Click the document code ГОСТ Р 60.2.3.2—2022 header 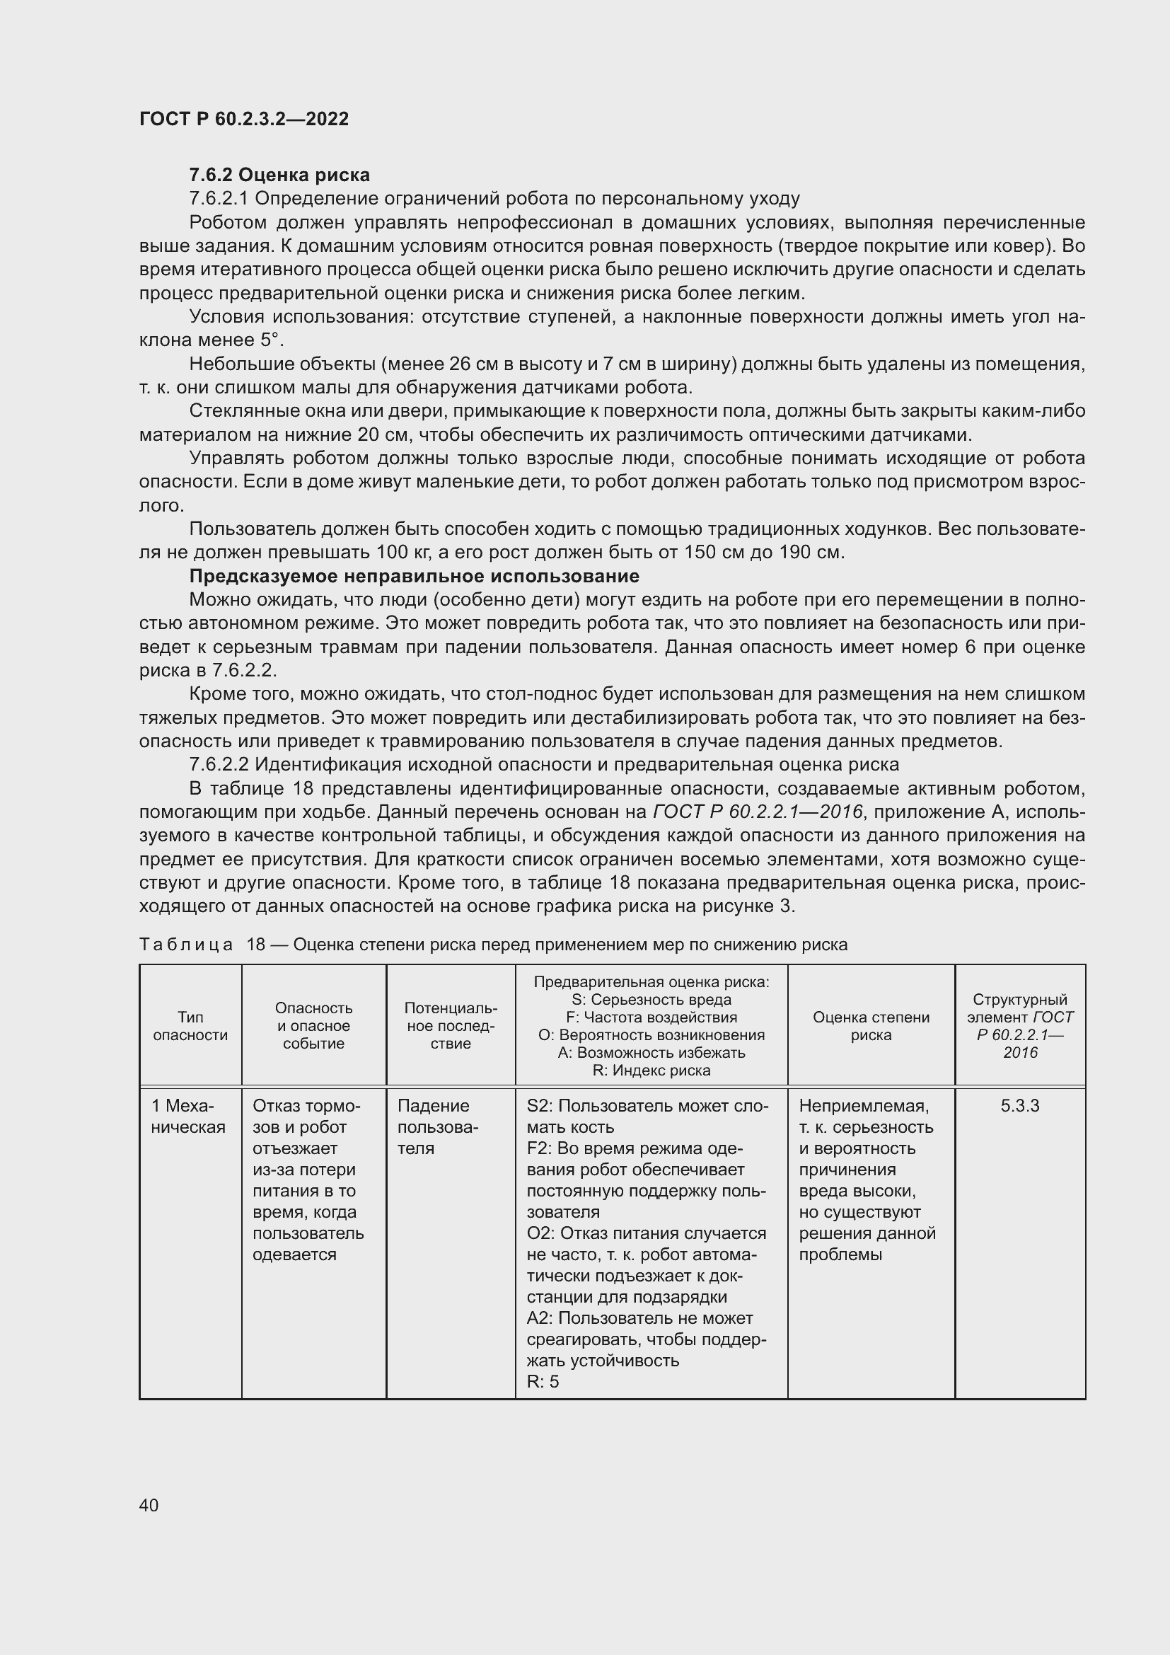coord(243,119)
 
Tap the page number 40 coord(149,1504)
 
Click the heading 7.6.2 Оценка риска coord(279,175)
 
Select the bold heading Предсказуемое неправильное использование coord(414,576)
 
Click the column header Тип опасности coord(190,1026)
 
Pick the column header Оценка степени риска coord(870,1026)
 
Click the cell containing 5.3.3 coord(1019,1106)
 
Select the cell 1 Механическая coord(188,1116)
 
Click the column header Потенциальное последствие coord(451,1025)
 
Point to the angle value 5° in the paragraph coord(267,340)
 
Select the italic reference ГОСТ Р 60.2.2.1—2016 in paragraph coord(757,812)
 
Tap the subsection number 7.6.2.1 coord(219,198)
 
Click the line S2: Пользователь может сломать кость coord(647,1116)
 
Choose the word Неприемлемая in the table coord(863,1106)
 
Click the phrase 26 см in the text coord(472,364)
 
